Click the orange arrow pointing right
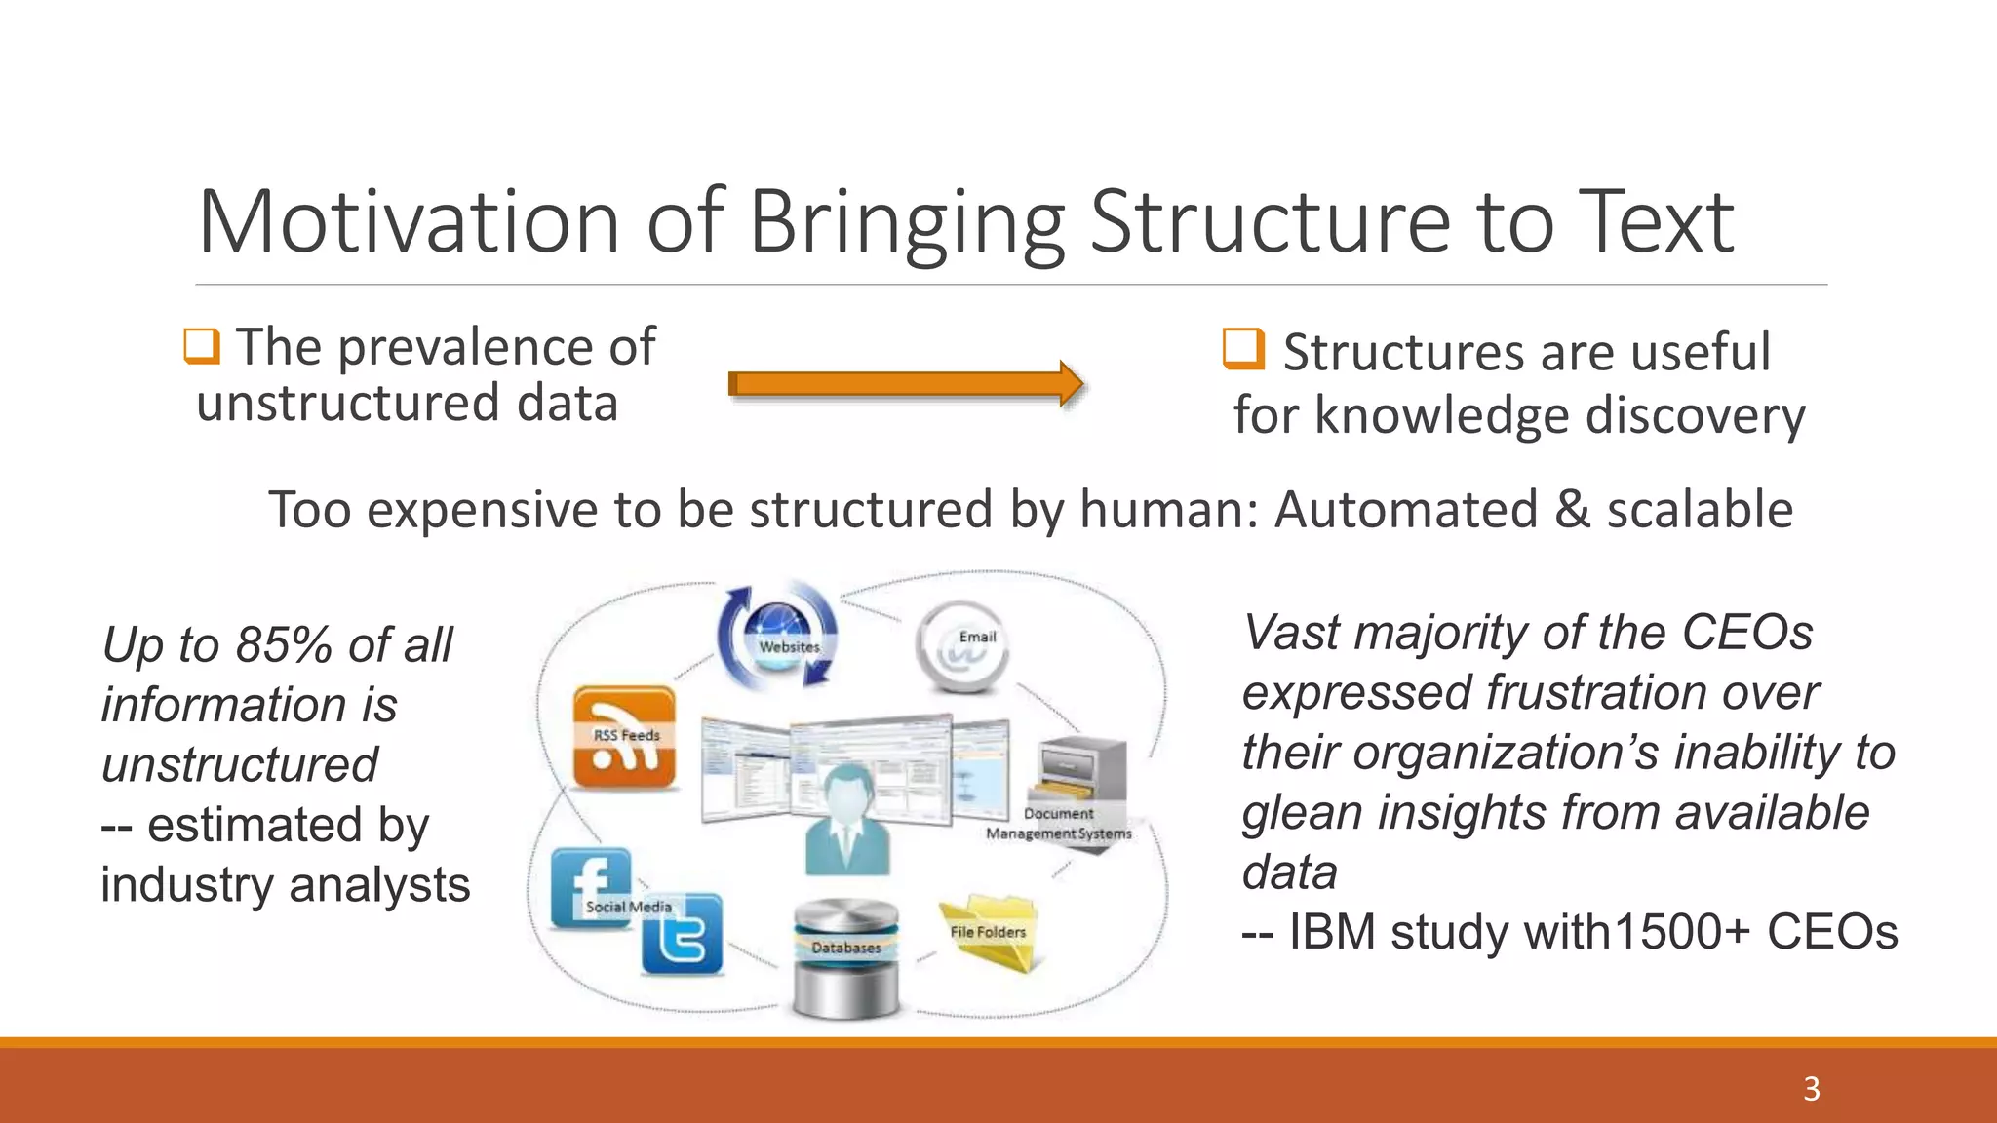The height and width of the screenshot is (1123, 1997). point(905,383)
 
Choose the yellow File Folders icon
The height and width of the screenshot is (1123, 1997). point(989,931)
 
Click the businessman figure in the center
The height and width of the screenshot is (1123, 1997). point(846,819)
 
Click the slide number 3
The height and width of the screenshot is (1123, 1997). point(1811,1089)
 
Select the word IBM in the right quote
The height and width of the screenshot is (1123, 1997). point(1332,932)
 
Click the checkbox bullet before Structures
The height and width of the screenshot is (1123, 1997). point(1243,349)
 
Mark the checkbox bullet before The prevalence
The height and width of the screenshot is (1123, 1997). point(202,346)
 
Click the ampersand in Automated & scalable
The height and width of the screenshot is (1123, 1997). point(1572,510)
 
